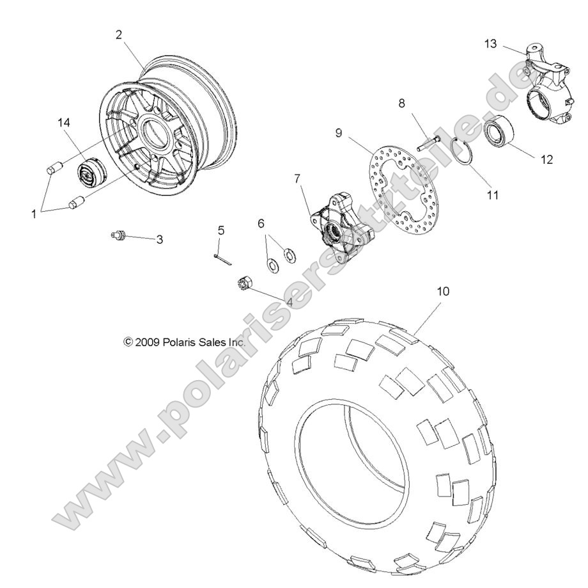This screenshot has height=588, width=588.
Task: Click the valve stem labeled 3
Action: (118, 236)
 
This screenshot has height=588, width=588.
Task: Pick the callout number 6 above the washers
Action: (261, 223)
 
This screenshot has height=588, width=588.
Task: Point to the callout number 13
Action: (490, 43)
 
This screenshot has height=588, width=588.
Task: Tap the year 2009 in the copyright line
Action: (148, 342)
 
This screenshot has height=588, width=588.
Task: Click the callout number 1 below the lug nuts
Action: (35, 215)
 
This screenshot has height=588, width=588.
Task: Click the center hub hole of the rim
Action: (157, 131)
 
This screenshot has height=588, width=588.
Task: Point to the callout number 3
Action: (160, 240)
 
